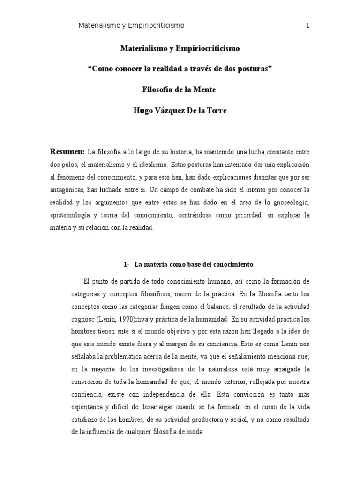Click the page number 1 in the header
307,26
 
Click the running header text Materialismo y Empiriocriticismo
131,26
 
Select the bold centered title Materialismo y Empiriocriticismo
180,48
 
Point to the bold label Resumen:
67,152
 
